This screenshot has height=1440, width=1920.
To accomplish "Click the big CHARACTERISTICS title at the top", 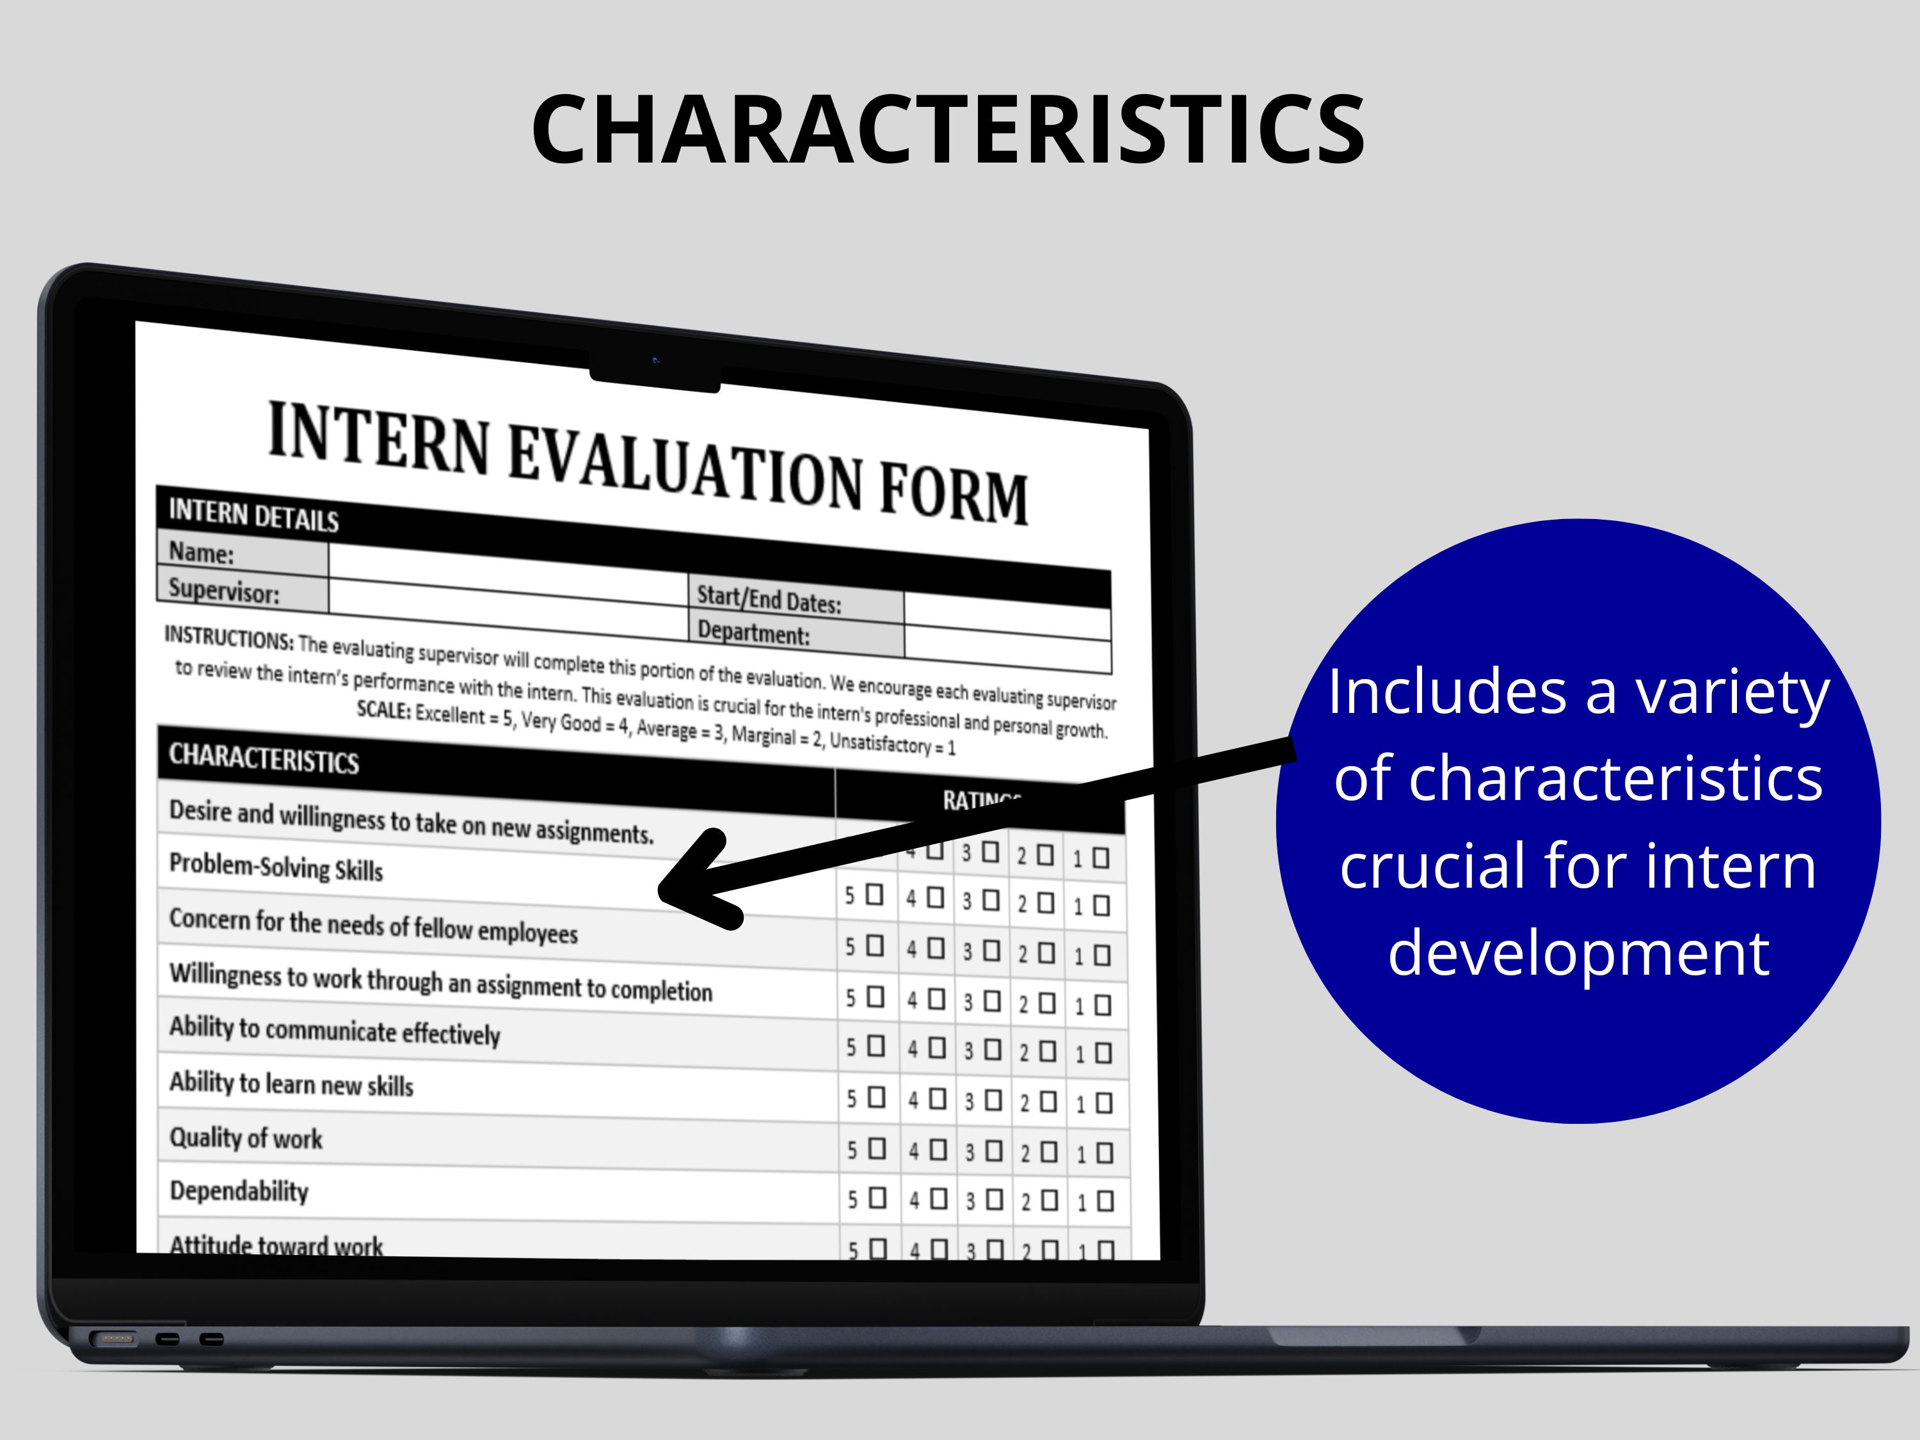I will [x=948, y=130].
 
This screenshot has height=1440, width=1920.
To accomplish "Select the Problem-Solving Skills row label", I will [x=275, y=867].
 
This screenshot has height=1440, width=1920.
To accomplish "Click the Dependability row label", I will [x=239, y=1191].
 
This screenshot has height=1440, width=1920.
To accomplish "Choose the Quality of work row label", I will [x=246, y=1137].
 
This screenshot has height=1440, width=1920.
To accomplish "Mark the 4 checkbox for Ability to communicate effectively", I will [x=936, y=1048].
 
